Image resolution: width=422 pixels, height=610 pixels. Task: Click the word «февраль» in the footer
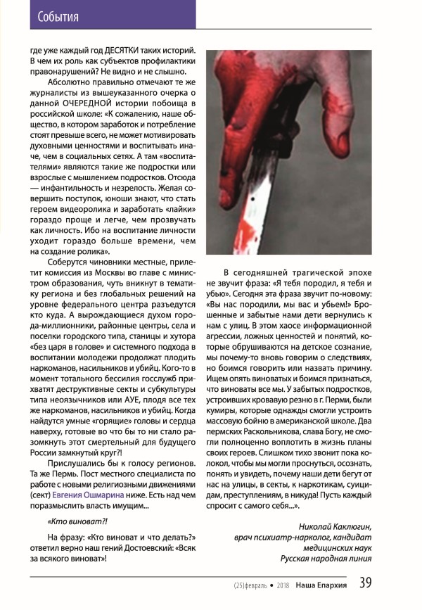257,584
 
